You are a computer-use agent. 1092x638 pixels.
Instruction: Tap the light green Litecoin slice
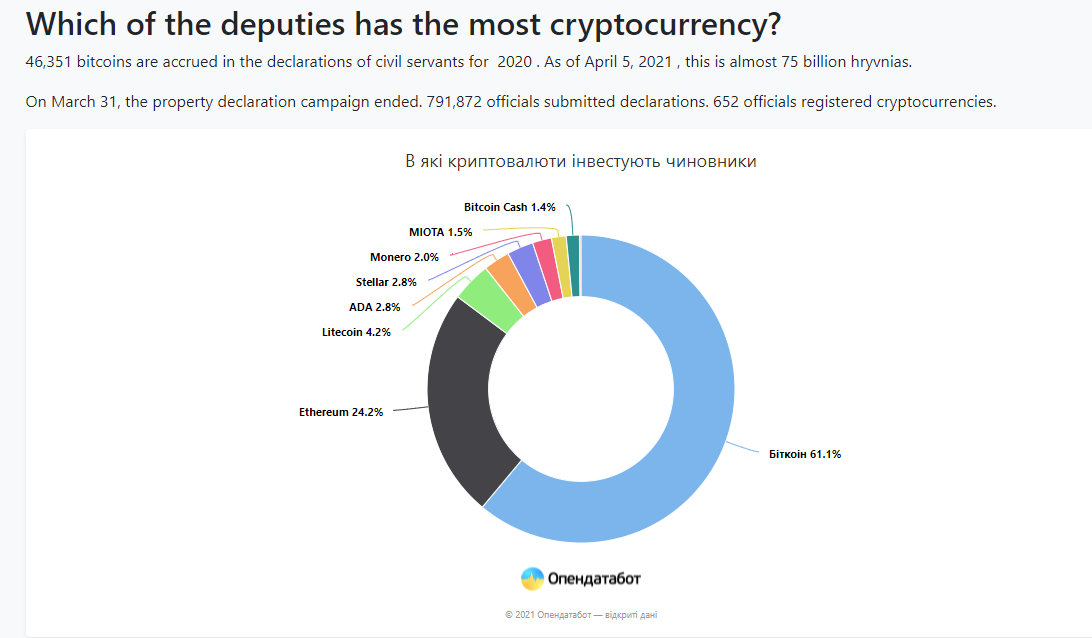[x=491, y=300]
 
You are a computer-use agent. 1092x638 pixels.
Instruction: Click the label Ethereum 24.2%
[x=340, y=411]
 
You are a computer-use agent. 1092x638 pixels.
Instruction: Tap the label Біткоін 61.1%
[x=805, y=454]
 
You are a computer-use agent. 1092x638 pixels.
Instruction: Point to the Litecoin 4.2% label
[x=356, y=332]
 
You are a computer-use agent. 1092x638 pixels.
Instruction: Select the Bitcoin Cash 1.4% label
[x=509, y=207]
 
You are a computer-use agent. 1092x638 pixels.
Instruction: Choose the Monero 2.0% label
[x=404, y=257]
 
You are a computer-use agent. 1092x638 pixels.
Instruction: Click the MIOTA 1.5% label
[x=440, y=232]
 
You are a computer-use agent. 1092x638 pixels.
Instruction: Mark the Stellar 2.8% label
[x=386, y=282]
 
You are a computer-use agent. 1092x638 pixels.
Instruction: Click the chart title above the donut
[x=580, y=161]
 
